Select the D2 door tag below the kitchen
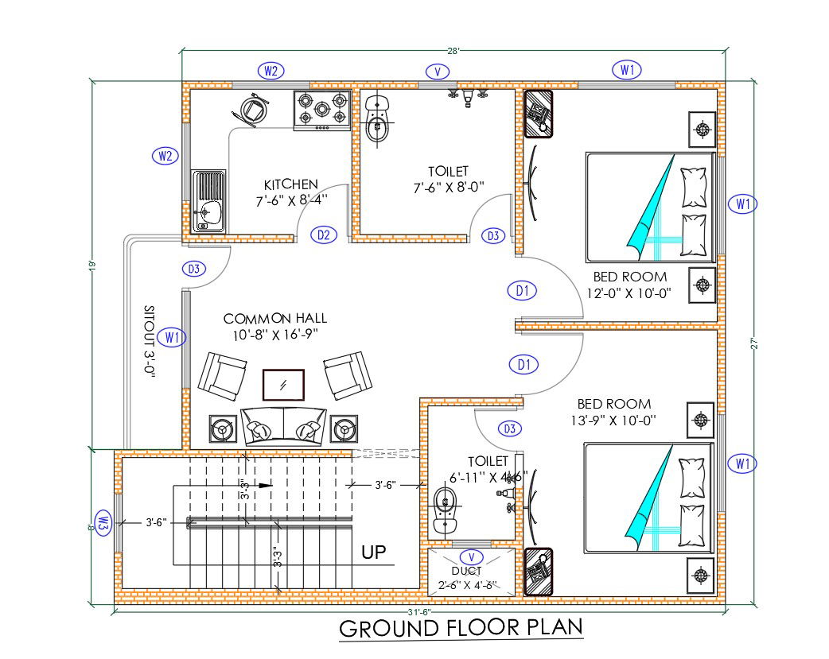[x=324, y=235]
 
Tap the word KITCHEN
[x=291, y=184]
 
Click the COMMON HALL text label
[x=274, y=319]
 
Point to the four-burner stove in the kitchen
[x=323, y=110]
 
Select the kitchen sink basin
[x=208, y=211]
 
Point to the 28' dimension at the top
[x=453, y=50]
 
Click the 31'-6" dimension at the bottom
[x=420, y=611]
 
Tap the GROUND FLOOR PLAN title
[x=461, y=628]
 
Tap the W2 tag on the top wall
[x=270, y=71]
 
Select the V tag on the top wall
[x=436, y=72]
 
